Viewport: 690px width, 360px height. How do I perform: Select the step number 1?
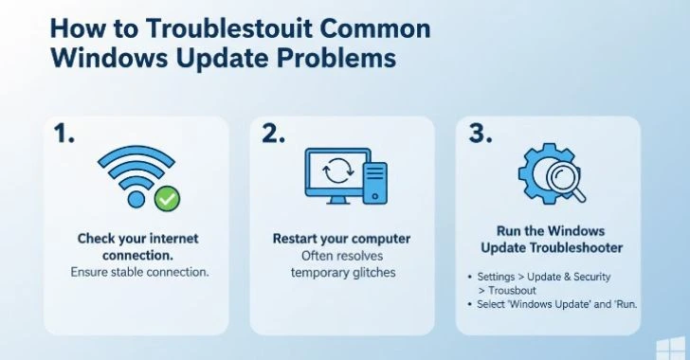[x=64, y=135]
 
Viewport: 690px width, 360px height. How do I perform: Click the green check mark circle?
[x=167, y=199]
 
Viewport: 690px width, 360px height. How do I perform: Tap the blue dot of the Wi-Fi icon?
[x=136, y=199]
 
